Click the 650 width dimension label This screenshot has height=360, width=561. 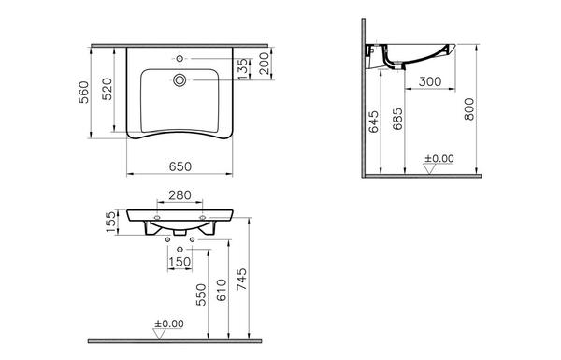click(180, 166)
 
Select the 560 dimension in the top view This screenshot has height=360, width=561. click(84, 93)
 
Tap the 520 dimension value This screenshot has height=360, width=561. click(108, 89)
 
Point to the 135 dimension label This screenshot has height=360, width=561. click(242, 69)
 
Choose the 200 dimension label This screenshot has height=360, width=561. click(264, 64)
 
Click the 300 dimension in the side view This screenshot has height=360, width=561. click(430, 81)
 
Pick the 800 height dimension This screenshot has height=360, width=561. click(469, 109)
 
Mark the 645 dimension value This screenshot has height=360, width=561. click(373, 122)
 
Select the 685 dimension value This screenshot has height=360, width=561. click(397, 119)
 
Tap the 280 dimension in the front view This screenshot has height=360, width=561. click(180, 195)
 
